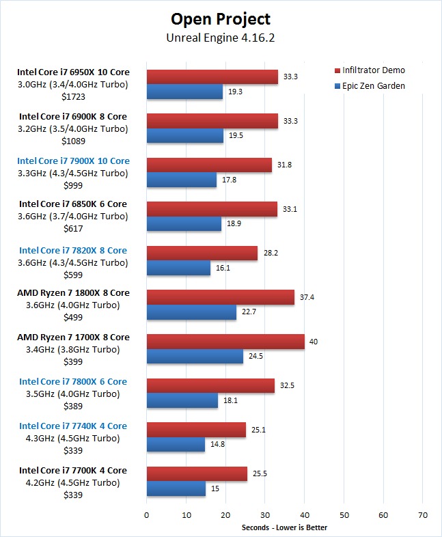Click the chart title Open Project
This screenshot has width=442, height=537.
[221, 19]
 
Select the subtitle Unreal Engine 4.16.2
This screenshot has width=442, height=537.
[221, 38]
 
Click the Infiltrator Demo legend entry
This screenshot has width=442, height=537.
[376, 70]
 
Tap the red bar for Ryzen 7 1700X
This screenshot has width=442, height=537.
[225, 342]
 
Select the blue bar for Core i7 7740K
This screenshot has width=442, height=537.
[176, 445]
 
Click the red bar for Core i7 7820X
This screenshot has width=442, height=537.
[202, 253]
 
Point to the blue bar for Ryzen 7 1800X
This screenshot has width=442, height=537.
[191, 312]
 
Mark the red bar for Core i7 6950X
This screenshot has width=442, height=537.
[212, 77]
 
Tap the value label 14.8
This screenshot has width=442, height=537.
[216, 445]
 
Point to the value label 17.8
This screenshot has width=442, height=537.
[227, 180]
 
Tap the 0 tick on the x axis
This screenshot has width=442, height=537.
[146, 514]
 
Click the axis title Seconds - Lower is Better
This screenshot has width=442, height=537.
[284, 527]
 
